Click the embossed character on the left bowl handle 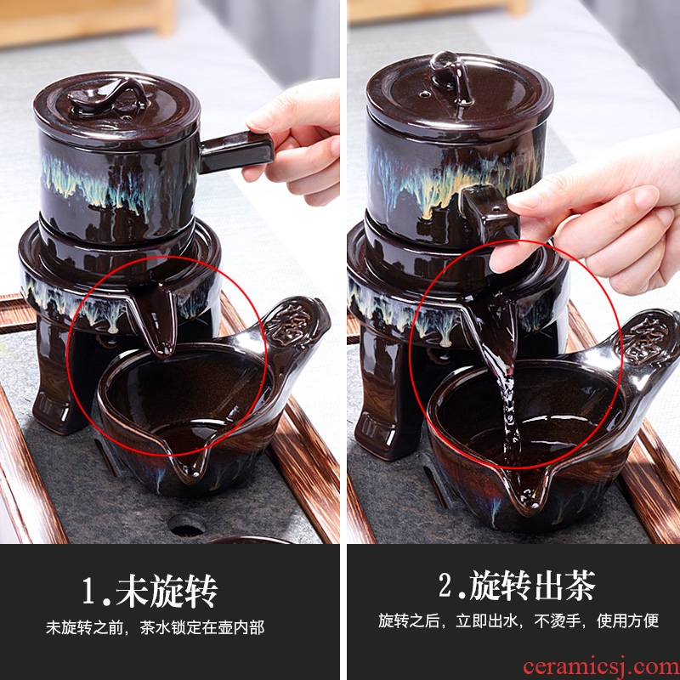287,323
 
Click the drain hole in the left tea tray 185,524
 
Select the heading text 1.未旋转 150,591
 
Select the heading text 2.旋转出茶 517,586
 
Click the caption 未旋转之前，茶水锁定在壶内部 155,627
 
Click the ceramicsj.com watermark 601,666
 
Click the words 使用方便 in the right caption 627,620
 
